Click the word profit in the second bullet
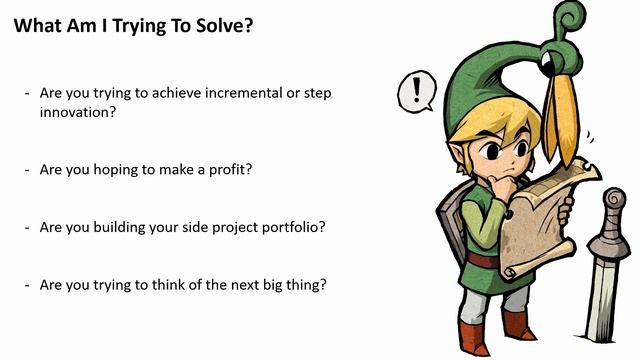(x=227, y=169)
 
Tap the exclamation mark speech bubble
(x=416, y=92)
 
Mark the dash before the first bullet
(x=27, y=93)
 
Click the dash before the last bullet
(x=27, y=284)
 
